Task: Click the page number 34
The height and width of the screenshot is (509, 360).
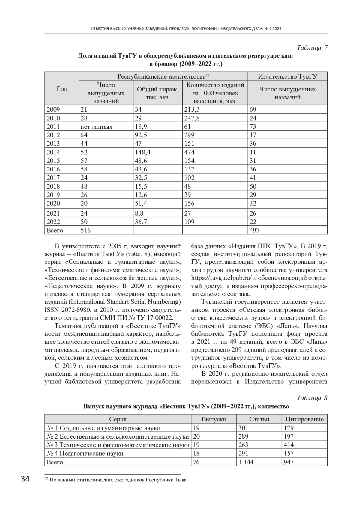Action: tap(25, 479)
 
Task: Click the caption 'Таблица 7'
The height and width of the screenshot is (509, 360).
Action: tap(312, 48)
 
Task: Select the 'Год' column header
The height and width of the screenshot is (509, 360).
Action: tap(62, 89)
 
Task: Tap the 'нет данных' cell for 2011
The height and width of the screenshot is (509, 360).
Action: tap(96, 127)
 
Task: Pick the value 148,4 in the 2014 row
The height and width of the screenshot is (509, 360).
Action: tap(143, 152)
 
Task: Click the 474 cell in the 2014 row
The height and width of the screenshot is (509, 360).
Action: tap(189, 152)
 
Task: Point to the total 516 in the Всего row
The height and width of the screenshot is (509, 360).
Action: tap(85, 230)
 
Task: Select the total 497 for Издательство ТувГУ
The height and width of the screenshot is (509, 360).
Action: tap(254, 230)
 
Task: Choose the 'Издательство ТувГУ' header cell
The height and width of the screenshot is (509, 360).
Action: tap(287, 76)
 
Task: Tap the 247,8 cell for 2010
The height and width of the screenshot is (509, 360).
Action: tap(192, 118)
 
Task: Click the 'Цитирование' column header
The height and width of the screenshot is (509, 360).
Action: tap(304, 419)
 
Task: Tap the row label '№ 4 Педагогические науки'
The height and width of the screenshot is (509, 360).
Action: tap(85, 453)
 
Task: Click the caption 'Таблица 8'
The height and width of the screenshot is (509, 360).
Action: tap(312, 398)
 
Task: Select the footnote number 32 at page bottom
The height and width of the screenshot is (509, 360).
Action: tap(46, 478)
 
